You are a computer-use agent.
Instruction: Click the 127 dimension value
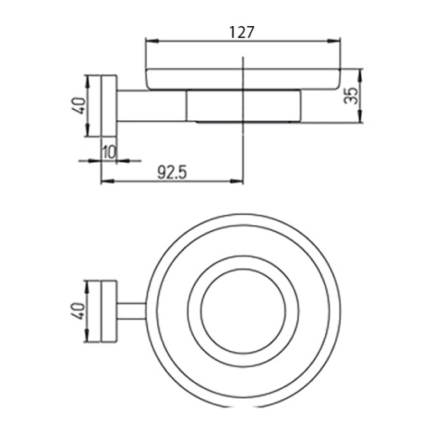point(242,33)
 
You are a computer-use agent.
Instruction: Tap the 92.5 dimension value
point(171,172)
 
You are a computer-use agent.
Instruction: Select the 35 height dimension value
point(351,96)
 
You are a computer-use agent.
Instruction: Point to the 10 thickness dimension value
point(109,153)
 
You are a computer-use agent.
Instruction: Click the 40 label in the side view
point(79,106)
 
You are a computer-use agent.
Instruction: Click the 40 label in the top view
point(79,311)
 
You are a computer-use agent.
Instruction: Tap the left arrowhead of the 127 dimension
point(152,41)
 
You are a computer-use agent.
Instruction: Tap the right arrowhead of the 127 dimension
point(334,41)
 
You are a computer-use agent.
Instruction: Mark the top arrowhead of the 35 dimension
point(360,75)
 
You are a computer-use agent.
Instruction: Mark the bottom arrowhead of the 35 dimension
point(360,117)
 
